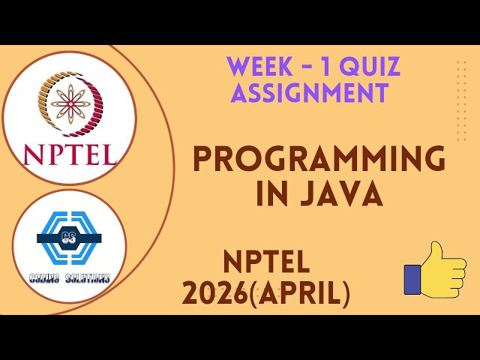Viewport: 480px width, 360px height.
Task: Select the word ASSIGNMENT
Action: click(309, 94)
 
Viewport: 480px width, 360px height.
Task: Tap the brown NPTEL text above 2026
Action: click(266, 262)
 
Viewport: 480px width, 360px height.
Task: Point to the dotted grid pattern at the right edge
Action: click(461, 89)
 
